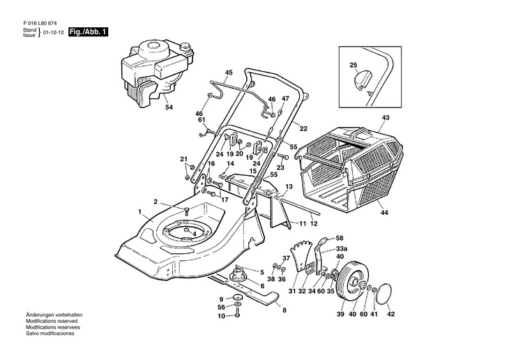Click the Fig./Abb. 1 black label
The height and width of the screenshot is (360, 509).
(88, 33)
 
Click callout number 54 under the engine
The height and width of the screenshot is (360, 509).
(168, 107)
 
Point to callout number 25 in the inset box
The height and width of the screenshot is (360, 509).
(353, 66)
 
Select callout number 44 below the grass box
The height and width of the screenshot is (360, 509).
(384, 212)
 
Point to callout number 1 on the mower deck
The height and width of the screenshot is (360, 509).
(140, 211)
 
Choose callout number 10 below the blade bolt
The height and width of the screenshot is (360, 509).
(220, 316)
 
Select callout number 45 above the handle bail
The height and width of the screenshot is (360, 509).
(229, 73)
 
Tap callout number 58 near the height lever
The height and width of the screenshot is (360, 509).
(340, 238)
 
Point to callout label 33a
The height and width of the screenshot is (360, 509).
(341, 248)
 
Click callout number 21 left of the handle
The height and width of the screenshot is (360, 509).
(184, 160)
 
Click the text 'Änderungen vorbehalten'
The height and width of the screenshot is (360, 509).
(53, 316)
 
